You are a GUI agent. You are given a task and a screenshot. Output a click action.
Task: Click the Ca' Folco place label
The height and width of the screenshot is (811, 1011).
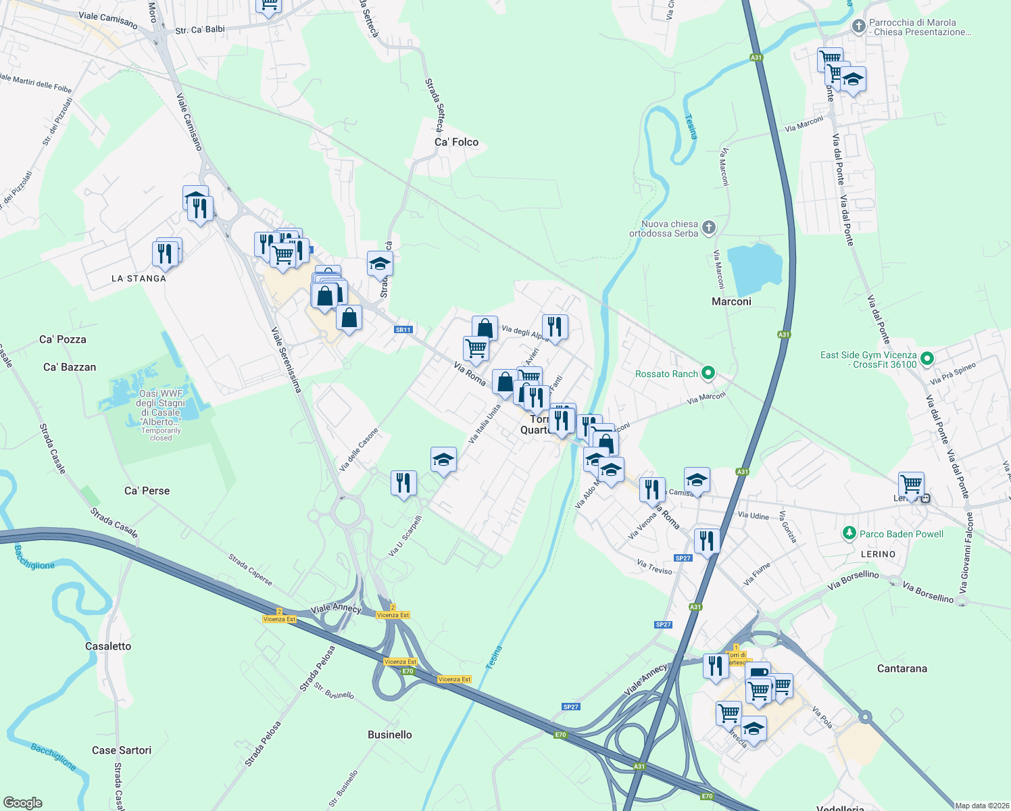click(x=456, y=142)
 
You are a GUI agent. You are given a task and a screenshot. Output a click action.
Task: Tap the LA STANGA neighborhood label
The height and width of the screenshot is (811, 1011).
click(x=139, y=278)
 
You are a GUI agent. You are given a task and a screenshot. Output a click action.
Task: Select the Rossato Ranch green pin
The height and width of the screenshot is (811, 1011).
click(x=708, y=373)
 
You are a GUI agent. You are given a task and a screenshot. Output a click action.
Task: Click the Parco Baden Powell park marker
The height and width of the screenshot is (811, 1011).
click(x=849, y=534)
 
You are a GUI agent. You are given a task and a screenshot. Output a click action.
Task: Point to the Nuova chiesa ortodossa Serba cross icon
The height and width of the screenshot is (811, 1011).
click(x=709, y=228)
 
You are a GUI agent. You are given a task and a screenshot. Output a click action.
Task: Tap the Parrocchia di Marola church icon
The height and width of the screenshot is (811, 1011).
click(x=858, y=26)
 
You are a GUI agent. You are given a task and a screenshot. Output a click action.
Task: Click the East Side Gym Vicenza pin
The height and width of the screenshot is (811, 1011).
click(x=927, y=359)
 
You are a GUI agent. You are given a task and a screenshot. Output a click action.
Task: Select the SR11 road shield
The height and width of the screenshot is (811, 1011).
click(x=403, y=330)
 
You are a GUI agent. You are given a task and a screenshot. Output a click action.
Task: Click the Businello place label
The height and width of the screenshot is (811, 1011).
click(x=390, y=735)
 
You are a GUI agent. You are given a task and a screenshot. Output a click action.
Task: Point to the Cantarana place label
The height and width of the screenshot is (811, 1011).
click(x=902, y=668)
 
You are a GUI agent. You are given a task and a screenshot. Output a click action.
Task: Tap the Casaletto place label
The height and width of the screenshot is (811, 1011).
click(x=108, y=646)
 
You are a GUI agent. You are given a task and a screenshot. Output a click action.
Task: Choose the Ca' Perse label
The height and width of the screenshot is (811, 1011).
click(x=147, y=491)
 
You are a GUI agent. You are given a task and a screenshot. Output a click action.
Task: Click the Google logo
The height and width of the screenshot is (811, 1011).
click(x=23, y=803)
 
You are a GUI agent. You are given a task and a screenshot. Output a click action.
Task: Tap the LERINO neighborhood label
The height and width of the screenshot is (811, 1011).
click(x=879, y=554)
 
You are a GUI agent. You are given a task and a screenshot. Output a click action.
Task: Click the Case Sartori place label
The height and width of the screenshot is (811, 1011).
click(x=122, y=750)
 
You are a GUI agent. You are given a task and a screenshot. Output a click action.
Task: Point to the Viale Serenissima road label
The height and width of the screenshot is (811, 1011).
click(x=286, y=360)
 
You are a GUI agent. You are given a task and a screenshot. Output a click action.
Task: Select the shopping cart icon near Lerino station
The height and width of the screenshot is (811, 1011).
click(x=911, y=484)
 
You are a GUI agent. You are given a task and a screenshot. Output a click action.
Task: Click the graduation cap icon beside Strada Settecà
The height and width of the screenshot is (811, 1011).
click(x=380, y=264)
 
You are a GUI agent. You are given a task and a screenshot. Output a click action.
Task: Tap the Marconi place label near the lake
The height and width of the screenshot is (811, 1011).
click(x=731, y=301)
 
